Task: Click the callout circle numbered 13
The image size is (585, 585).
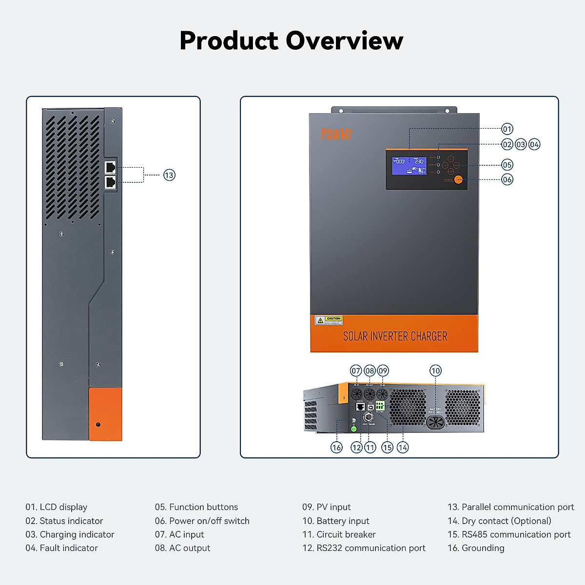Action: click(x=169, y=175)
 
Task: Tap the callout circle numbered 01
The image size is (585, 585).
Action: click(x=507, y=129)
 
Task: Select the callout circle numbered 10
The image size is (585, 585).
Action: click(x=435, y=371)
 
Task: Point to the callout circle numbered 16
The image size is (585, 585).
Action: click(x=336, y=448)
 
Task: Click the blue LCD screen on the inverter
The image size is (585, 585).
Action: click(x=409, y=166)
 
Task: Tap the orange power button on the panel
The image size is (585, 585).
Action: click(x=458, y=179)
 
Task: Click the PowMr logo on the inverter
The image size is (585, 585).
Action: click(x=336, y=134)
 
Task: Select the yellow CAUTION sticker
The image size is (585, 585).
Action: click(x=329, y=320)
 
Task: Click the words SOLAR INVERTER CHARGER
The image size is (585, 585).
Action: click(x=395, y=336)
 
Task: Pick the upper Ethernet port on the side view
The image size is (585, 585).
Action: click(x=111, y=167)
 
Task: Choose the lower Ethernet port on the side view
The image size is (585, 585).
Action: click(x=111, y=182)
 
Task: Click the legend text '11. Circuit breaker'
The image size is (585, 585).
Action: click(x=339, y=534)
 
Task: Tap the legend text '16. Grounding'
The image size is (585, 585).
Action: click(x=476, y=548)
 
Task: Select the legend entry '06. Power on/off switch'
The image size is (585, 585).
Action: click(x=202, y=521)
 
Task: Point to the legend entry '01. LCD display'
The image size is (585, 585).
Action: click(x=57, y=507)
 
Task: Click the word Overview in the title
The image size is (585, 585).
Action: click(x=344, y=40)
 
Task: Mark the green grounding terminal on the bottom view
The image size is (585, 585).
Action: click(x=354, y=429)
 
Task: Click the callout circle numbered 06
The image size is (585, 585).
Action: click(x=507, y=179)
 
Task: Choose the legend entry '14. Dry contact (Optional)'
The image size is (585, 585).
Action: click(x=499, y=521)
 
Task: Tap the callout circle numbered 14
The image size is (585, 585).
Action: click(x=403, y=448)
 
